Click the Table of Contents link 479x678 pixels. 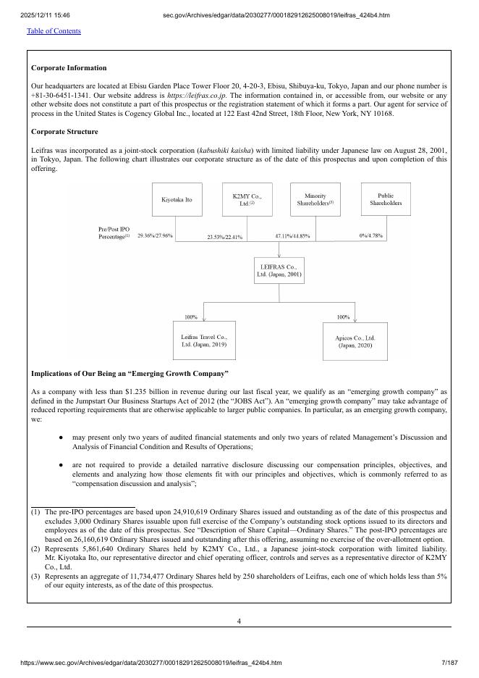pos(54,30)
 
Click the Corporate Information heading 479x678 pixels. pos(69,67)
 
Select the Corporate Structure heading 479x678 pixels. pos(64,132)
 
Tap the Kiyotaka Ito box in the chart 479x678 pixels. pos(177,199)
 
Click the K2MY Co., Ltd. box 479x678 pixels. pos(247,199)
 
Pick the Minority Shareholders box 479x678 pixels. pos(315,199)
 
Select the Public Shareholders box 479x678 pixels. pos(385,199)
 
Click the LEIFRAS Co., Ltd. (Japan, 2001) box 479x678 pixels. pos(279,270)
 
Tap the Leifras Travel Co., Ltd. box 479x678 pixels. pos(203,340)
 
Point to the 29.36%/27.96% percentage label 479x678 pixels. pos(155,235)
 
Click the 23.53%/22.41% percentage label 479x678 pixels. pos(225,237)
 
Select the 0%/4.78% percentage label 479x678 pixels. pos(371,235)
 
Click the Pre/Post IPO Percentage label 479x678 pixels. pos(114,233)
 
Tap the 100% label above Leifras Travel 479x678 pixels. pos(191,317)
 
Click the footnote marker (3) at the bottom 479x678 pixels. pos(35,577)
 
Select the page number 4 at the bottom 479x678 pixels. pos(239,621)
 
